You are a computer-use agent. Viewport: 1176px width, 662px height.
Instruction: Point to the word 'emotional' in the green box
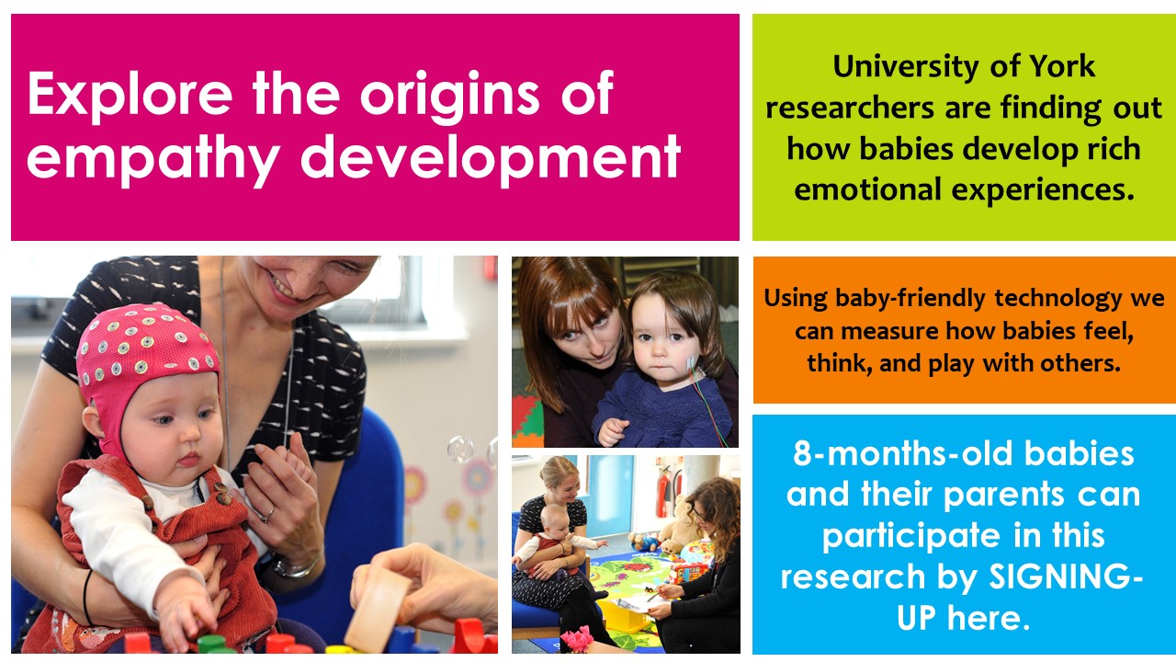[x=866, y=189]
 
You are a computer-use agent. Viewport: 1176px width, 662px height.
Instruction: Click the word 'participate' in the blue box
[x=910, y=537]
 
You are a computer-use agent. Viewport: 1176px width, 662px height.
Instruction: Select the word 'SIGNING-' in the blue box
[x=1066, y=576]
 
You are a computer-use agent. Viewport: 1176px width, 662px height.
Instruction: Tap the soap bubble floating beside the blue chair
[x=460, y=450]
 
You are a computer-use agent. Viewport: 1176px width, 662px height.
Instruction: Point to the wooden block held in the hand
[x=378, y=609]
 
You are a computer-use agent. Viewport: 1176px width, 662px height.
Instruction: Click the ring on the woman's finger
[x=267, y=514]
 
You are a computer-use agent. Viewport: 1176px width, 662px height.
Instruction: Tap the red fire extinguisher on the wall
[x=664, y=491]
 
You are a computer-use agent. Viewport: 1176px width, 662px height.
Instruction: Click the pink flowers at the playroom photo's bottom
[x=578, y=639]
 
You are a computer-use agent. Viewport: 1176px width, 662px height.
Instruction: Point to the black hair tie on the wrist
[x=85, y=598]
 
